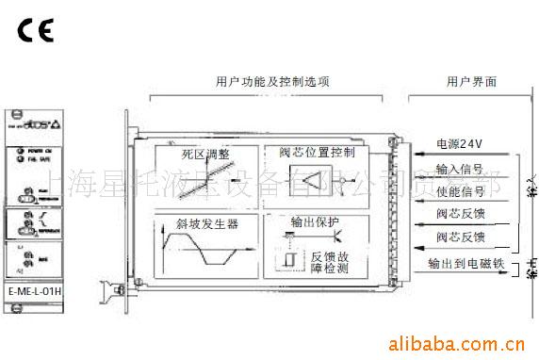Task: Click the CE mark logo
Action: [x=34, y=26]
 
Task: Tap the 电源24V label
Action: [x=460, y=144]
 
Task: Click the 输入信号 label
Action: [x=462, y=168]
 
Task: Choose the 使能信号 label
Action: [x=462, y=190]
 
